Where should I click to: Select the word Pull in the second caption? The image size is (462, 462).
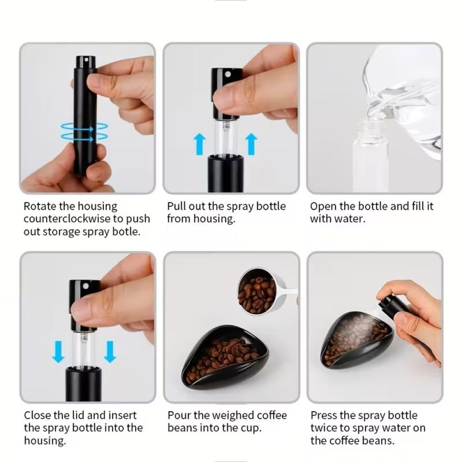176,206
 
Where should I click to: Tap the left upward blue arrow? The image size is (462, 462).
200,144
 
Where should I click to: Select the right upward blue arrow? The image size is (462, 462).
251,144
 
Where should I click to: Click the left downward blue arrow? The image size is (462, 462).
58,352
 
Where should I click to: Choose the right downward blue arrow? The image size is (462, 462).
110,352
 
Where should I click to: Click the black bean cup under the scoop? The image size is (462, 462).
225,358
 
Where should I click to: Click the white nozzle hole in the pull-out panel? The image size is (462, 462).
228,74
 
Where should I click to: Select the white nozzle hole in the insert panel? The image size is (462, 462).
86,286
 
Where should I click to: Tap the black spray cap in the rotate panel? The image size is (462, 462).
86,63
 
